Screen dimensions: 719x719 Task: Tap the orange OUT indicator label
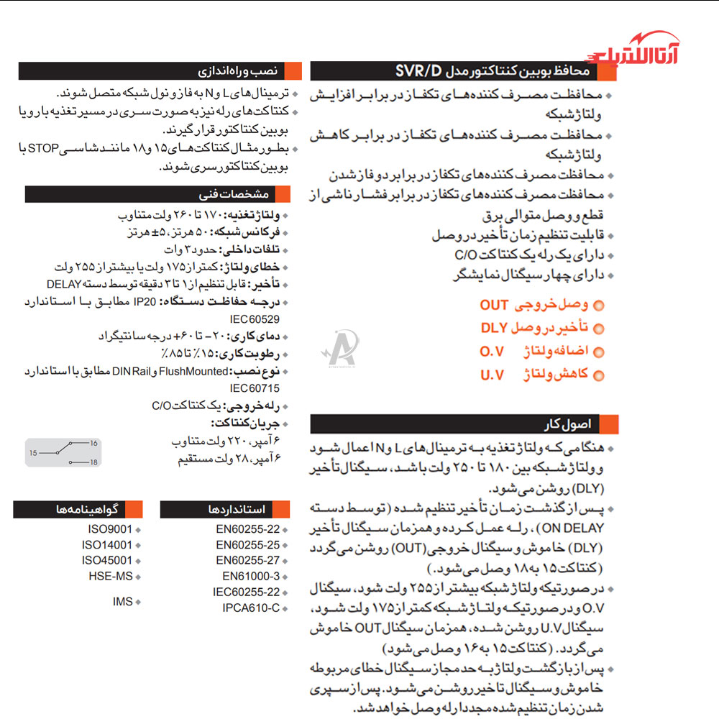click(495, 306)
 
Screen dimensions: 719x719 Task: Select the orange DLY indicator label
click(495, 329)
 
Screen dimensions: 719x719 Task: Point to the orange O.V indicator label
click(492, 352)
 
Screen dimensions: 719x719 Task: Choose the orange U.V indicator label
click(492, 375)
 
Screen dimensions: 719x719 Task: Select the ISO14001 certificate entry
click(107, 545)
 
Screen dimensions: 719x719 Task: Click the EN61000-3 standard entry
click(250, 576)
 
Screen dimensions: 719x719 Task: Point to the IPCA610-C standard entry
click(251, 608)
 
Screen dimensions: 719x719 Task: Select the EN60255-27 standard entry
click(247, 560)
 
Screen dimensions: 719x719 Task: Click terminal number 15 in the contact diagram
click(33, 454)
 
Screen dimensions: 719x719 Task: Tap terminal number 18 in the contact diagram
click(93, 462)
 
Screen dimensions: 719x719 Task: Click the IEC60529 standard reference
click(255, 318)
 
